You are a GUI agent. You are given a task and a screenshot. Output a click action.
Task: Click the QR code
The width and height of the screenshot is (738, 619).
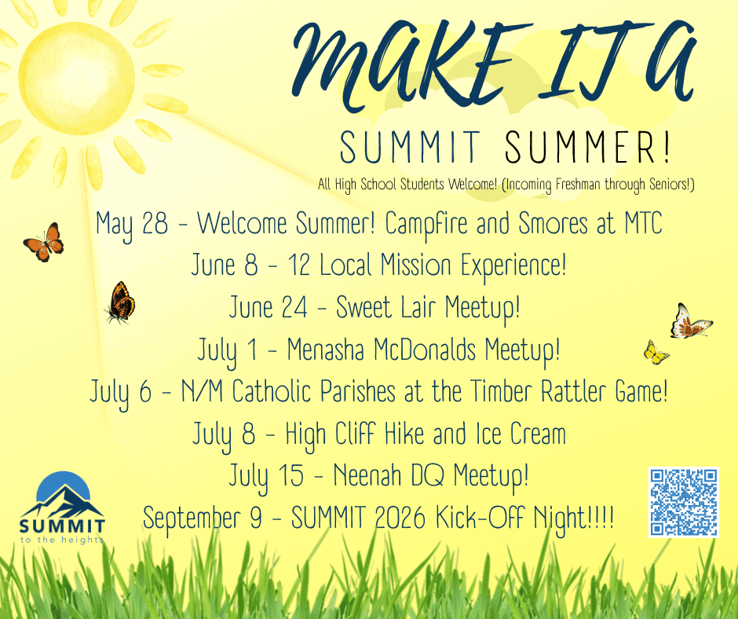tap(683, 502)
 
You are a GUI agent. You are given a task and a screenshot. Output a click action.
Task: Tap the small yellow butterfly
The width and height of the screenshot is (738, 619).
tap(656, 353)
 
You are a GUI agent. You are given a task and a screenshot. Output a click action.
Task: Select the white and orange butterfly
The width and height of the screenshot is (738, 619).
tap(691, 322)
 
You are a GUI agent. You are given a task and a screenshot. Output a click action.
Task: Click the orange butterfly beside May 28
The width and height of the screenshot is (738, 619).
tap(44, 242)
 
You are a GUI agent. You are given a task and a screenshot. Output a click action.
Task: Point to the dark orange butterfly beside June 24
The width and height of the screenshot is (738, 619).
tap(120, 302)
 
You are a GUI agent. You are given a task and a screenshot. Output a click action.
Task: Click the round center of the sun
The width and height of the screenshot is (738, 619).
tap(76, 78)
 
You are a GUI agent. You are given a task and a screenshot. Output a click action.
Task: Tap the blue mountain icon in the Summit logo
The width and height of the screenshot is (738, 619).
tap(63, 495)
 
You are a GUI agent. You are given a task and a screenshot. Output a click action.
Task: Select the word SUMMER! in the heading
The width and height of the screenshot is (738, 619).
tap(587, 147)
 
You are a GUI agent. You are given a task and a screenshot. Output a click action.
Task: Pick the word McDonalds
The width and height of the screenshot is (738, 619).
tap(425, 350)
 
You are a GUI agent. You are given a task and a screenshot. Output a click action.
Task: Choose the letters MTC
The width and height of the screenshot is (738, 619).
tap(644, 223)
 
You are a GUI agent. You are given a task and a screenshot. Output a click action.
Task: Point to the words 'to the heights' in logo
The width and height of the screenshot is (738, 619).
tap(62, 540)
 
